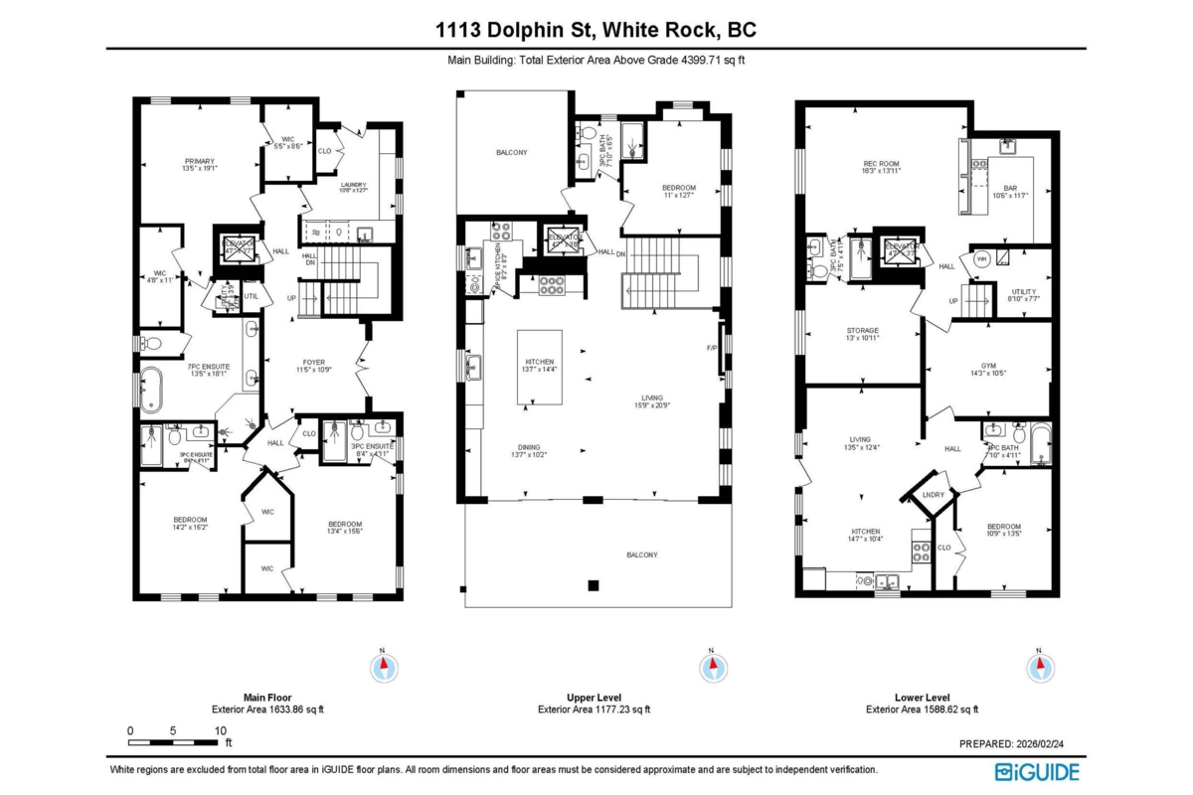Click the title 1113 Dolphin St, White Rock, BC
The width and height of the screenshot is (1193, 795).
point(596,30)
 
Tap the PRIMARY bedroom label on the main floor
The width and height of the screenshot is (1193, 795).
point(199,161)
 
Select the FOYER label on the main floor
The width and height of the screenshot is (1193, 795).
point(310,362)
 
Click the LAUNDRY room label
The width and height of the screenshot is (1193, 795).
point(353,184)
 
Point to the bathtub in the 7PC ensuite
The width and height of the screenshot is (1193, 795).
point(151,389)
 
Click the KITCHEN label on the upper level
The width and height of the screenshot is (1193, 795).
point(539,362)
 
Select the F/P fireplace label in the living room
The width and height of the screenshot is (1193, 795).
point(711,348)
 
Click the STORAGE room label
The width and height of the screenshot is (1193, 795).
point(862,330)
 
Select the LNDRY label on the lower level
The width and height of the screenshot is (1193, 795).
point(933,495)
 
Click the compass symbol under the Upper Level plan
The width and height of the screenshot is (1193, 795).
point(711,665)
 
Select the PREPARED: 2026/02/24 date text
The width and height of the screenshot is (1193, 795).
point(1021,743)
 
